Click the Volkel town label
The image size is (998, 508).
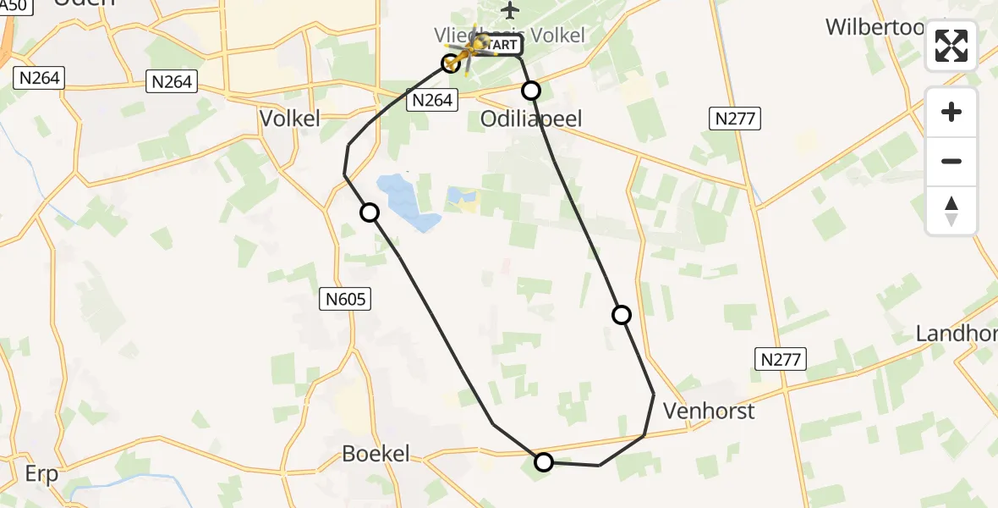(290, 119)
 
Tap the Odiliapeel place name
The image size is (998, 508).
(531, 119)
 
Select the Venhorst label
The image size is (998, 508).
(709, 411)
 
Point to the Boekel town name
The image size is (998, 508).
(376, 454)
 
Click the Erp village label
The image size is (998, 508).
(41, 474)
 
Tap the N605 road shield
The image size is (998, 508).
(345, 298)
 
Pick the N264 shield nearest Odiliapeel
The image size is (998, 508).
(431, 101)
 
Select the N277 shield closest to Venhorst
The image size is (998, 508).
(780, 359)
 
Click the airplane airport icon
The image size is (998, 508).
(509, 10)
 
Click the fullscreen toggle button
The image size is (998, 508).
(951, 46)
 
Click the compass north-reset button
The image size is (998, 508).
(951, 211)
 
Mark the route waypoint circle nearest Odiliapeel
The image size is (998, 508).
(531, 91)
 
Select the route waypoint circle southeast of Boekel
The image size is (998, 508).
(544, 461)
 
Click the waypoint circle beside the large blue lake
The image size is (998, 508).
(370, 213)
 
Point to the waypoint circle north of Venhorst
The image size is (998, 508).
(622, 315)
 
